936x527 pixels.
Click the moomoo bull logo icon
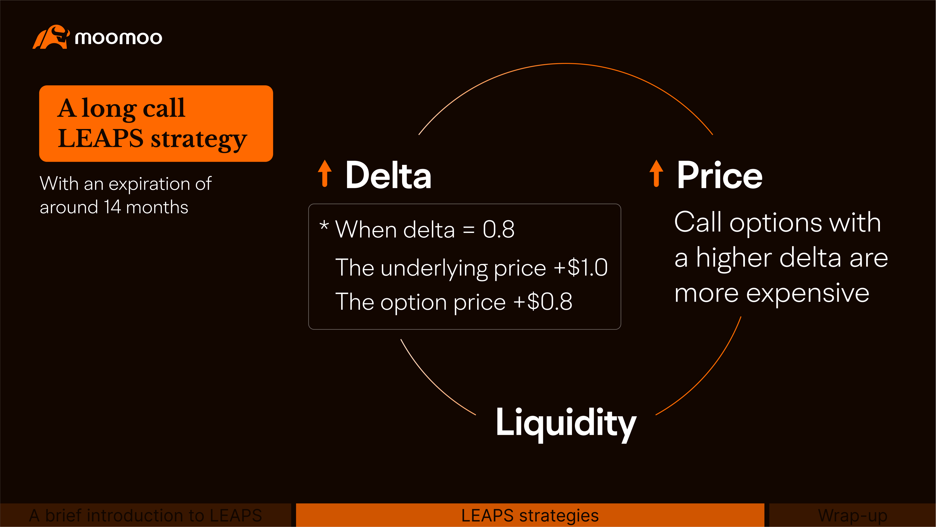point(51,37)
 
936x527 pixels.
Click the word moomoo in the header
point(118,38)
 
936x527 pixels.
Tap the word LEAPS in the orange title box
point(101,138)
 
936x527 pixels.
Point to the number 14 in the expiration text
point(112,207)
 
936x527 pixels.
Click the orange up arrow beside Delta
point(325,173)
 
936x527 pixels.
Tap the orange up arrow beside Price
point(656,173)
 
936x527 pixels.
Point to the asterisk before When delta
point(324,226)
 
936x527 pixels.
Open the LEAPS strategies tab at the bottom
point(530,515)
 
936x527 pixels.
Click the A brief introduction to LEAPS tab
point(145,515)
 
